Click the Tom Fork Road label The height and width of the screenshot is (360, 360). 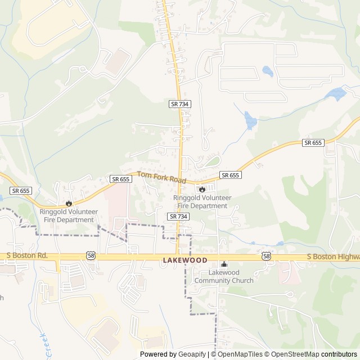click(x=161, y=178)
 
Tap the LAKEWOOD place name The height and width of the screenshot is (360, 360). click(x=185, y=260)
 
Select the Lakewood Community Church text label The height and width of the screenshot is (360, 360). click(x=224, y=276)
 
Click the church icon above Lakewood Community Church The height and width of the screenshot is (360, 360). click(x=224, y=264)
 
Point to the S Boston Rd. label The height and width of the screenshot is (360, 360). click(x=27, y=256)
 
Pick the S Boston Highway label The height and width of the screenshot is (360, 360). click(x=333, y=256)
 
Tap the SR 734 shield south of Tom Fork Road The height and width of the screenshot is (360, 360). click(x=178, y=216)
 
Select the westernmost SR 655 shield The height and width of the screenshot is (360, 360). click(x=20, y=191)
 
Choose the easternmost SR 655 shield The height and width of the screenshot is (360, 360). click(x=313, y=143)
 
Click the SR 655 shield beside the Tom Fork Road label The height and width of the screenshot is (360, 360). click(x=121, y=179)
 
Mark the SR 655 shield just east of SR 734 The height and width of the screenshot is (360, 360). click(x=230, y=175)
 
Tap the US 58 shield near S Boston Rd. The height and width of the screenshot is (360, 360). click(x=91, y=256)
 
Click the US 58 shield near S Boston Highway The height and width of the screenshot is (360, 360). click(x=266, y=256)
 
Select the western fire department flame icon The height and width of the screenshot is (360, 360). click(x=69, y=203)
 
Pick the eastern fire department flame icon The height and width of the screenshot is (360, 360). click(x=202, y=189)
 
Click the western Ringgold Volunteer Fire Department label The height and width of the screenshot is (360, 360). click(x=69, y=215)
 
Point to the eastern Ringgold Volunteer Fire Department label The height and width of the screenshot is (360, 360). click(x=201, y=202)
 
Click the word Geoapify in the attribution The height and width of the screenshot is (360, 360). click(x=192, y=354)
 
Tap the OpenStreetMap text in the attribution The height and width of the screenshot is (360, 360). click(x=296, y=354)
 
